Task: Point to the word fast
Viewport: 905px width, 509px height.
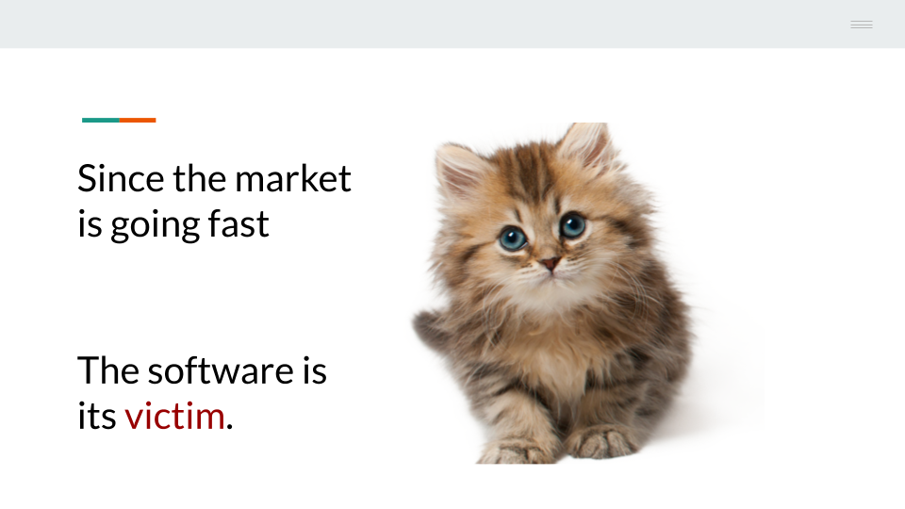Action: [239, 224]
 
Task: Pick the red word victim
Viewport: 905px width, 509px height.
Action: [174, 416]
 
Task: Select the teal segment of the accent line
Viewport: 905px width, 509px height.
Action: [101, 120]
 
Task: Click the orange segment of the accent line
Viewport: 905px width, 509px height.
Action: [138, 120]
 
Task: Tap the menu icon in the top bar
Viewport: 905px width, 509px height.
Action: [862, 25]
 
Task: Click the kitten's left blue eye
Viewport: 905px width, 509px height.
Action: [513, 238]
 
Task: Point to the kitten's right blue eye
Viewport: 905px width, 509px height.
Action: [572, 225]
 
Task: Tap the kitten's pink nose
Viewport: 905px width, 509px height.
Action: [551, 264]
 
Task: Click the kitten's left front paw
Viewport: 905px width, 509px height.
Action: [514, 452]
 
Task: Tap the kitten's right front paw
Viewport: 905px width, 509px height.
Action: [601, 441]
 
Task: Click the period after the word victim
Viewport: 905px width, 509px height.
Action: [230, 428]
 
